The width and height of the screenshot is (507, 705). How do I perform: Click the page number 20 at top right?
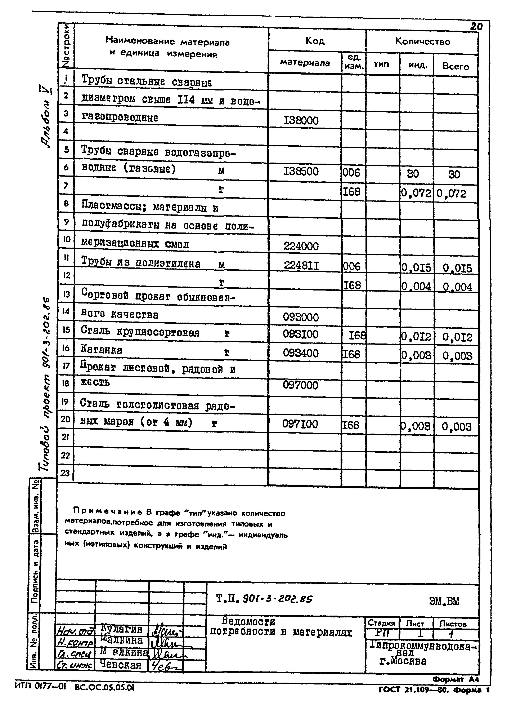[476, 27]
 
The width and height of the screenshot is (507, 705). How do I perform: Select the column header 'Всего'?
[456, 67]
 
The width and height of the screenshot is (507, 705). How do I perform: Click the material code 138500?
[301, 172]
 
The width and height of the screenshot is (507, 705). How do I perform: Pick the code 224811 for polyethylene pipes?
[301, 265]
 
